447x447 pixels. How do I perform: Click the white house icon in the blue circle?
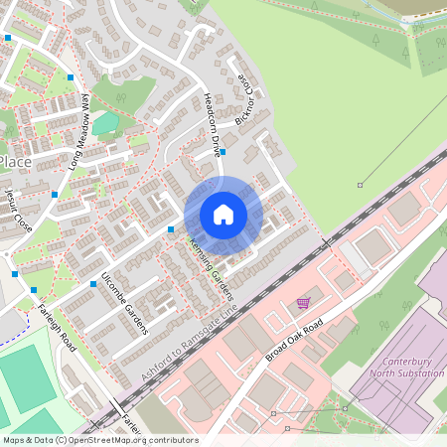(x=223, y=215)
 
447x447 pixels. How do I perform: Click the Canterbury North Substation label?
(x=406, y=367)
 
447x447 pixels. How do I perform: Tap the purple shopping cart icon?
(x=303, y=303)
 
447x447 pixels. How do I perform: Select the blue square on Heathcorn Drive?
(x=223, y=152)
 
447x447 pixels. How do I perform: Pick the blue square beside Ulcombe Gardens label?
(x=92, y=284)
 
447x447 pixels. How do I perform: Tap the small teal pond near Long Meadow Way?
(x=105, y=124)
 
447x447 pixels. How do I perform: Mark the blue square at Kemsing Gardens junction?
(x=171, y=229)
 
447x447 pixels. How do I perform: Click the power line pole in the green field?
(x=361, y=184)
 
